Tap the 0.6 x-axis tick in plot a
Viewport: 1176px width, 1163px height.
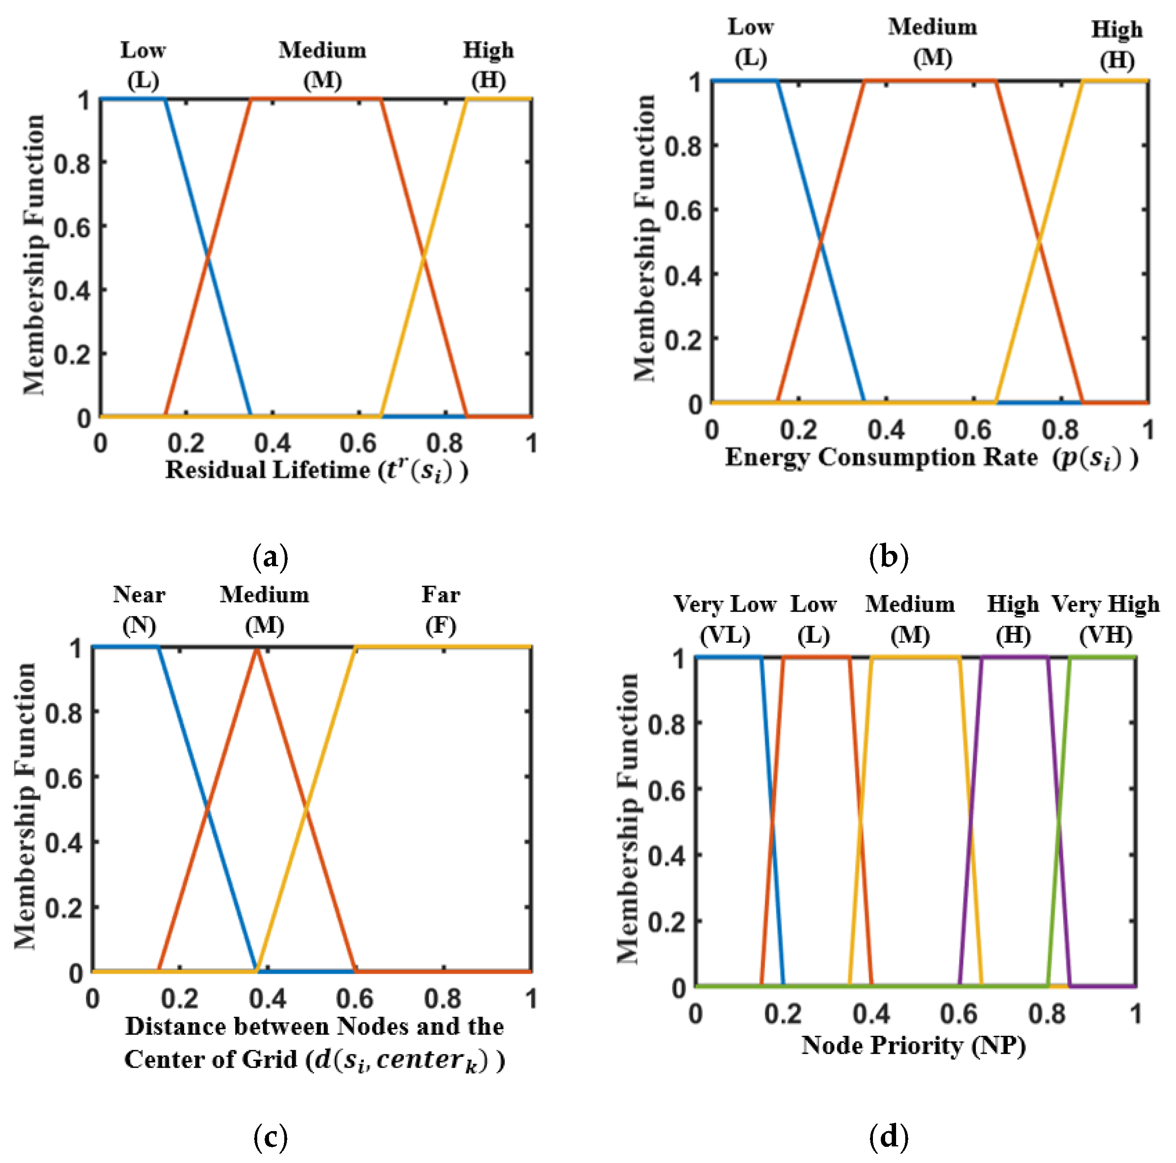coord(358,443)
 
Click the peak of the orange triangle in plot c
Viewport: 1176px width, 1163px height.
coord(257,649)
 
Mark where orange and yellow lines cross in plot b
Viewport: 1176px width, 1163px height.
coord(1039,242)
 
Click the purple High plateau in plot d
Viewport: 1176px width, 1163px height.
coord(1015,657)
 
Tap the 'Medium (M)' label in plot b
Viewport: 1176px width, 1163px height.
coord(932,43)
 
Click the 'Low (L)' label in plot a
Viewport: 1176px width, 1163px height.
coord(143,65)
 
